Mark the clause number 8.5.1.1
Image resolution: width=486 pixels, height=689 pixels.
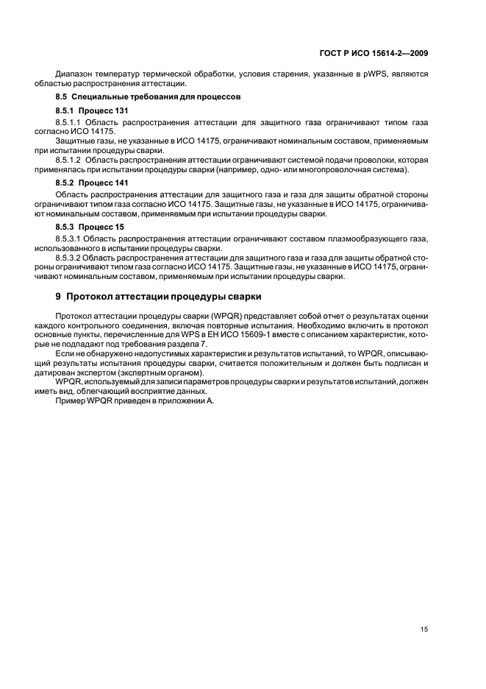coord(68,121)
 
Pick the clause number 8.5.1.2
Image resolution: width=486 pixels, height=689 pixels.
coord(68,159)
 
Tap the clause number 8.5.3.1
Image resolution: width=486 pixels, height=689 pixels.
coord(68,240)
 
